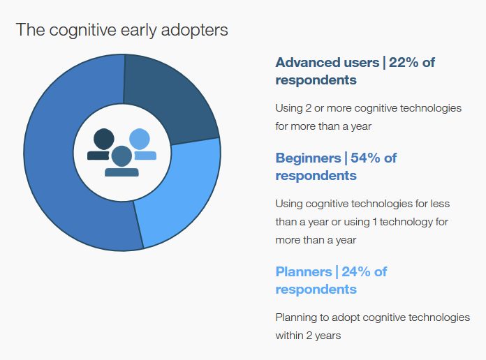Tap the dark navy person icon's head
[104, 139]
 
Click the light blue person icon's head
[140, 139]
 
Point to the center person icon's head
[121, 156]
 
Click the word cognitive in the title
[82, 31]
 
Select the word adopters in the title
[194, 31]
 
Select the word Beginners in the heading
[309, 158]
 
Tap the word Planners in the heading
[304, 271]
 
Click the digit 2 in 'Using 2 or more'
[308, 108]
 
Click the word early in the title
[138, 31]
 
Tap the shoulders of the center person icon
[121, 172]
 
